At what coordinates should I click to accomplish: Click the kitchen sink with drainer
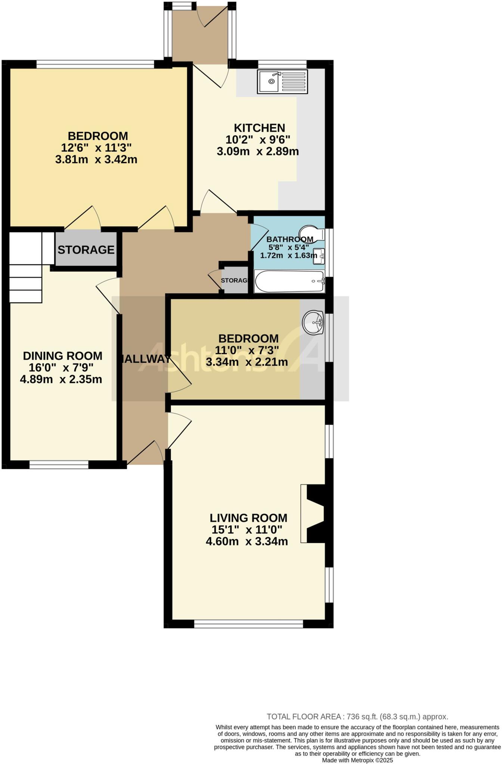click(x=282, y=81)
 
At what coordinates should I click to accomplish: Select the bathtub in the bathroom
click(x=289, y=282)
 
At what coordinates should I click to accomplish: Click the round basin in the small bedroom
click(x=313, y=322)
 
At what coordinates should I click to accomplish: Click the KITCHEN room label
click(x=259, y=128)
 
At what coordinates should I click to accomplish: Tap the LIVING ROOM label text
click(x=248, y=518)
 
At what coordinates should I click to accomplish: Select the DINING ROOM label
click(x=62, y=356)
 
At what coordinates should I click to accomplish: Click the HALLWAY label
click(x=145, y=359)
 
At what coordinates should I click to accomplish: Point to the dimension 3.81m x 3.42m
click(x=96, y=160)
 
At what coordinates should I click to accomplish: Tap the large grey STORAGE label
click(x=86, y=250)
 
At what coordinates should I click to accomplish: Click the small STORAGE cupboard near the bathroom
click(x=234, y=280)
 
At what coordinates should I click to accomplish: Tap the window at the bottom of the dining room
click(x=59, y=465)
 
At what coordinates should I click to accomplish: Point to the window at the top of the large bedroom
click(x=95, y=65)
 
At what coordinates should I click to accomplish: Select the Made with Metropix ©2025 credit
click(x=357, y=760)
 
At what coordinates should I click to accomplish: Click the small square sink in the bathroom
click(x=319, y=256)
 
